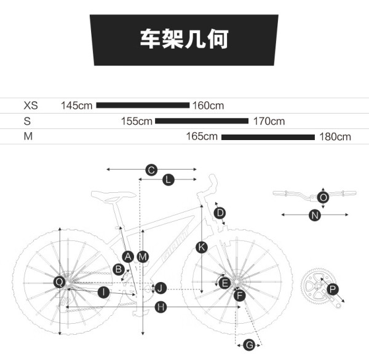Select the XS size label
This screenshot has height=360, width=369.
click(x=31, y=105)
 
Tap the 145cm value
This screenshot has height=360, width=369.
click(x=76, y=105)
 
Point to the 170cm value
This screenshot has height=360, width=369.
click(x=269, y=121)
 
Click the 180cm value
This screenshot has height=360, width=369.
click(x=335, y=136)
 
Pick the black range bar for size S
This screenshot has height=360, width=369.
click(x=201, y=121)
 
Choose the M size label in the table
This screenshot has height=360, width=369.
click(x=28, y=136)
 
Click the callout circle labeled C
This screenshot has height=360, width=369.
click(x=151, y=169)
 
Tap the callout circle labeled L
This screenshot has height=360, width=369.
click(x=168, y=179)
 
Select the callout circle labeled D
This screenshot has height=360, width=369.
click(x=220, y=213)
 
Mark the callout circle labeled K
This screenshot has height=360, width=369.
click(x=202, y=247)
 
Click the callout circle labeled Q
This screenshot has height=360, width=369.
click(x=60, y=281)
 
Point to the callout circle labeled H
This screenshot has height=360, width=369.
click(x=161, y=307)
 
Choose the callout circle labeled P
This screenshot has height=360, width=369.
click(x=332, y=289)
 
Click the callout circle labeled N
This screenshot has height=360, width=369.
click(x=315, y=215)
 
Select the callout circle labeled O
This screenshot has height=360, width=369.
click(x=323, y=197)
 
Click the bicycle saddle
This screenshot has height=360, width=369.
click(x=113, y=196)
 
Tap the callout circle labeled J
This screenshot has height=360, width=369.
click(x=160, y=288)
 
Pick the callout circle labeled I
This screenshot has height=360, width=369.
click(x=103, y=292)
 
